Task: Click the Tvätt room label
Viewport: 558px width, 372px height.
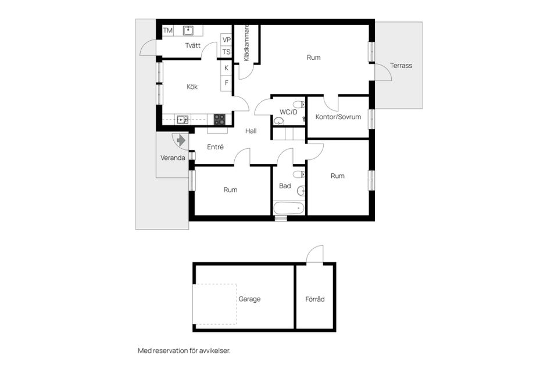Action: click(193, 46)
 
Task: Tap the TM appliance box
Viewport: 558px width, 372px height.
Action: click(168, 30)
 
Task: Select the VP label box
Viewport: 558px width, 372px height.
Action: click(227, 40)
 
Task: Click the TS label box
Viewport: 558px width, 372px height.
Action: click(227, 52)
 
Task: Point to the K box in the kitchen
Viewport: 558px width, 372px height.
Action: click(227, 68)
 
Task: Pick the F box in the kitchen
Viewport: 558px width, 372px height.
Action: click(227, 83)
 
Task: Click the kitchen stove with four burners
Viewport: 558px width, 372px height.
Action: click(219, 119)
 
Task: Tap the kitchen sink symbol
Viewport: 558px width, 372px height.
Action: click(183, 120)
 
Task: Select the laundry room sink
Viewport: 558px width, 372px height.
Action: click(188, 30)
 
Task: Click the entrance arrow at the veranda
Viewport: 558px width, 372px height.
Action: click(180, 140)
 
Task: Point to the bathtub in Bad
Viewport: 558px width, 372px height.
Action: click(289, 208)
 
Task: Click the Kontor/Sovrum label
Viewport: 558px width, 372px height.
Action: click(338, 117)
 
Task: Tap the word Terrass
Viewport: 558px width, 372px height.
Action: click(401, 66)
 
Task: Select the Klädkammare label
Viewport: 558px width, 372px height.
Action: click(246, 43)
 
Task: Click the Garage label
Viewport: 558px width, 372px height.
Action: click(249, 299)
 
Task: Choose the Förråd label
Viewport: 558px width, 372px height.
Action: click(315, 299)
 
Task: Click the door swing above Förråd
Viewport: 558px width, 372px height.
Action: click(314, 255)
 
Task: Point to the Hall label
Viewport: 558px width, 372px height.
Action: click(251, 131)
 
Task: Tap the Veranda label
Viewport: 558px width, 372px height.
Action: click(173, 158)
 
